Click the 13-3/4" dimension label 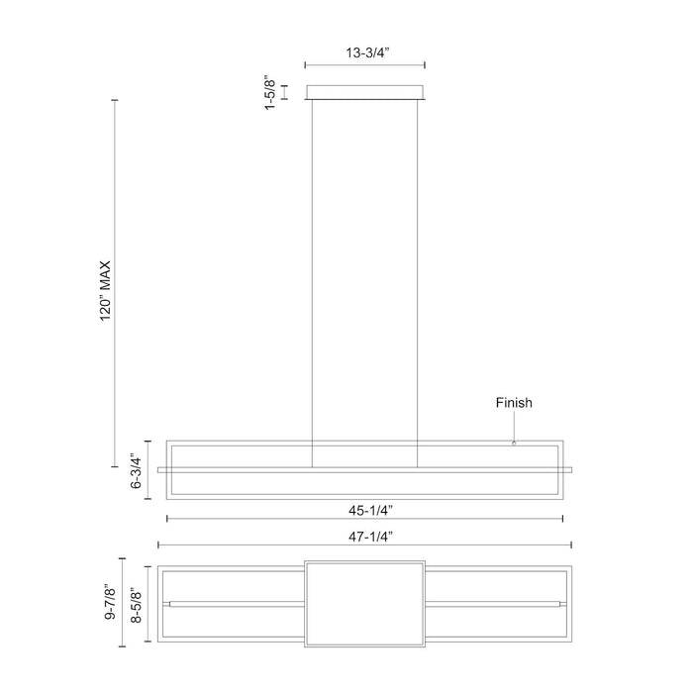pyautogui.click(x=365, y=55)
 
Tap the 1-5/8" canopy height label pyautogui.click(x=269, y=93)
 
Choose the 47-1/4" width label pyautogui.click(x=365, y=536)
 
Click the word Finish pyautogui.click(x=514, y=403)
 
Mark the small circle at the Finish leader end pyautogui.click(x=514, y=443)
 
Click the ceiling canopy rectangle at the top pyautogui.click(x=365, y=93)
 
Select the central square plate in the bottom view pyautogui.click(x=365, y=603)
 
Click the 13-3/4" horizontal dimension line pyautogui.click(x=365, y=67)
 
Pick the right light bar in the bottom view pyautogui.click(x=495, y=603)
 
